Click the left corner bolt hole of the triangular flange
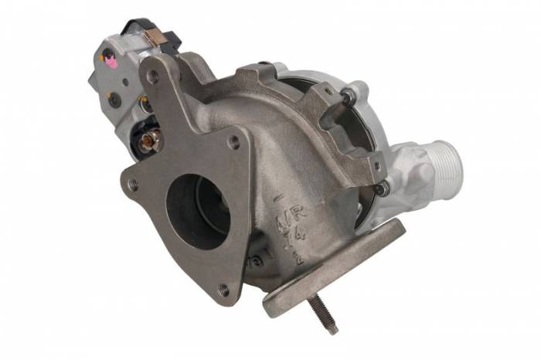point(134,185)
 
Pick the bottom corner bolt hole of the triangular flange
point(223,290)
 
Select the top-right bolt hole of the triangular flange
point(234,141)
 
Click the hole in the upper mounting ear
point(153,76)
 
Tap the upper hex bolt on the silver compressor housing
point(349,96)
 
